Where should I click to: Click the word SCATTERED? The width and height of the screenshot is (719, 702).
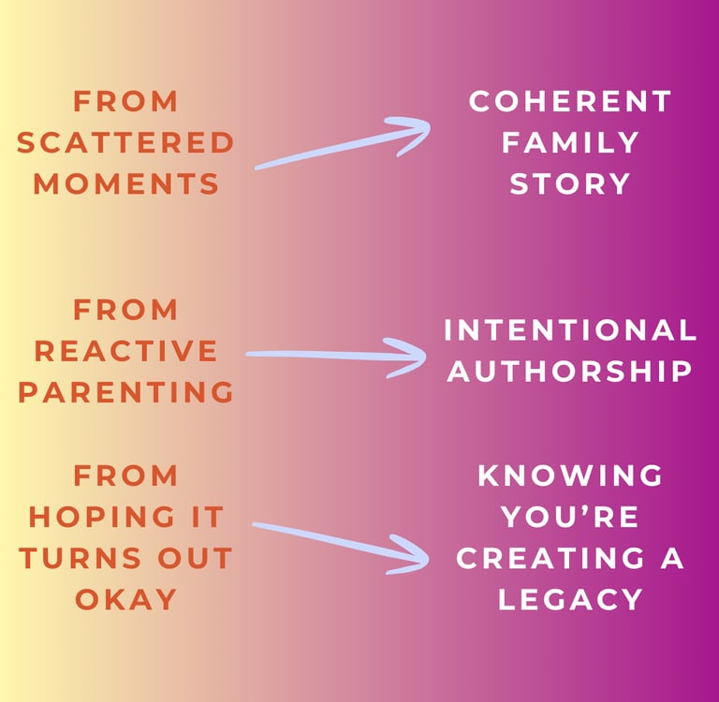[125, 142]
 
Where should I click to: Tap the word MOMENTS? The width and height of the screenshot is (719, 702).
[125, 183]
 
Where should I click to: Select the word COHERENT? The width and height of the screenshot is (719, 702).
[570, 101]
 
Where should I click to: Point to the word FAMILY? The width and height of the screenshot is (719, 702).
[570, 142]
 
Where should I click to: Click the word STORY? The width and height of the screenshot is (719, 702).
[570, 183]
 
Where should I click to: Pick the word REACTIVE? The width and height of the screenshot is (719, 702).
[125, 351]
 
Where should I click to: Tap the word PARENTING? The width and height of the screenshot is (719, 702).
[125, 392]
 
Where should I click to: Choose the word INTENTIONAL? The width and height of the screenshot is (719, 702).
[570, 329]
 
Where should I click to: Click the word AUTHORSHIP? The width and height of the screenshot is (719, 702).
[570, 371]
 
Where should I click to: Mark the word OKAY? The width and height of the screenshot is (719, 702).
[125, 599]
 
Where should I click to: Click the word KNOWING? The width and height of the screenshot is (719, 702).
[570, 475]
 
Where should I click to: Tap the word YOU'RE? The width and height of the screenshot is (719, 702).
[570, 516]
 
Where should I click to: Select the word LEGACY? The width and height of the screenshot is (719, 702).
[570, 599]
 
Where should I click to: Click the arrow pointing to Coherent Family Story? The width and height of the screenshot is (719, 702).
[342, 144]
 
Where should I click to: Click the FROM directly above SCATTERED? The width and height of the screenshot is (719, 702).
[125, 101]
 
